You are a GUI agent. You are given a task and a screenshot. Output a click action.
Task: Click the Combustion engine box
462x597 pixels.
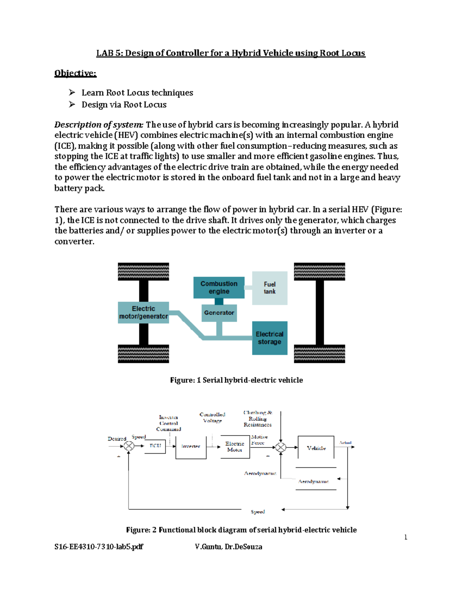(x=219, y=288)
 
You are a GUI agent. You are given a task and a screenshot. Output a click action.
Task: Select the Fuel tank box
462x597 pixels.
(x=269, y=288)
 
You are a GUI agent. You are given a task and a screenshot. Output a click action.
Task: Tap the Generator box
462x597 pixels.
(x=219, y=313)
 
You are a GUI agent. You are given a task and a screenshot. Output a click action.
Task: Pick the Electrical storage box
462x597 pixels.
(x=269, y=338)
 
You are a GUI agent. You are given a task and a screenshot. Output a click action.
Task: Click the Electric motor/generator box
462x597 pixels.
(x=143, y=313)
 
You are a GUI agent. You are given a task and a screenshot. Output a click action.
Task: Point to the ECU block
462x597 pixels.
(x=155, y=446)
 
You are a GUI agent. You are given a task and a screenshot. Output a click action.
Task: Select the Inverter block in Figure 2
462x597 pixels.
(x=191, y=447)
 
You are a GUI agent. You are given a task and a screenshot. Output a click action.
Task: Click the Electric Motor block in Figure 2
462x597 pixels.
(x=234, y=447)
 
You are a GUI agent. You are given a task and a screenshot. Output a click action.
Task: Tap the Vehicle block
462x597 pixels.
(x=316, y=447)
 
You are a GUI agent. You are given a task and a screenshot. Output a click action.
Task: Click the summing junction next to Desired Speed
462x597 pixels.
(x=129, y=446)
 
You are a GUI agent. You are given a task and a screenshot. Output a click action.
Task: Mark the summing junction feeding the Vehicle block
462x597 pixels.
(x=281, y=447)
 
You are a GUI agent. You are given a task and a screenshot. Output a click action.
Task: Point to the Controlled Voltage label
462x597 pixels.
(x=212, y=417)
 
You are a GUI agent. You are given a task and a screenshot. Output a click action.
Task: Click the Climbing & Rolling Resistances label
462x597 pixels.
(x=258, y=419)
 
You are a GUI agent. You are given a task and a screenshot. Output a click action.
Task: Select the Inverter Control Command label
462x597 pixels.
(x=169, y=423)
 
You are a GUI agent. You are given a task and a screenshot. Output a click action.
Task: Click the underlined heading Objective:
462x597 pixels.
(x=75, y=73)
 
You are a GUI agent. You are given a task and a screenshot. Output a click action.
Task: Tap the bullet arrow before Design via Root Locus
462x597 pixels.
(x=72, y=105)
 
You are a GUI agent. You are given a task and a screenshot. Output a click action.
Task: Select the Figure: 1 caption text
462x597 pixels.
(x=236, y=380)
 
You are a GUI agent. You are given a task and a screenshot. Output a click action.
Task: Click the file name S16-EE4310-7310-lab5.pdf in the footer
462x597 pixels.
(x=99, y=547)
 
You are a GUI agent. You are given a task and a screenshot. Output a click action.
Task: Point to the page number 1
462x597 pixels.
(x=406, y=537)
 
